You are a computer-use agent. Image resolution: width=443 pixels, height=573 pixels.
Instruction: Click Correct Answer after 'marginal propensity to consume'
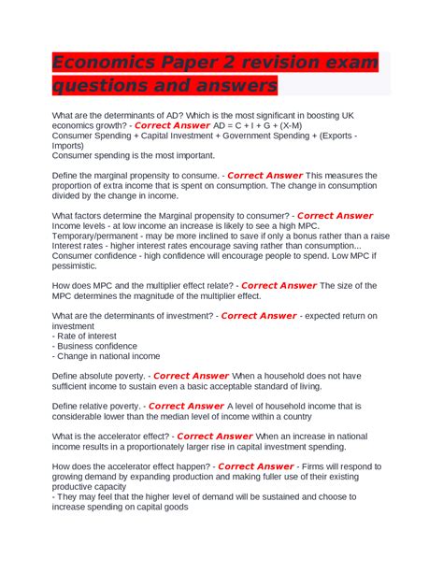[x=265, y=175]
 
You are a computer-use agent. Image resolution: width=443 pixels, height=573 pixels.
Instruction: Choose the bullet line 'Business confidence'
[x=99, y=346]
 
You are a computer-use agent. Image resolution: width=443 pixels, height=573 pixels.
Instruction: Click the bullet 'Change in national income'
[x=108, y=356]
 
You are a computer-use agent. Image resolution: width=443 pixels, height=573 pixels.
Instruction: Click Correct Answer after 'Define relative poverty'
[x=186, y=407]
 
